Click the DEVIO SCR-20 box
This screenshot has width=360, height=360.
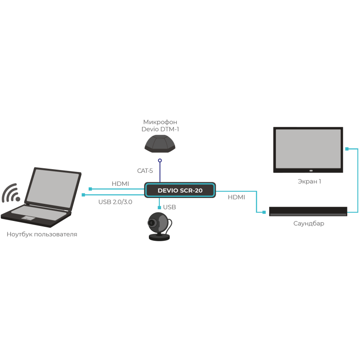180,190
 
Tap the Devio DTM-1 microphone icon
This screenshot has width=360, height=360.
160,144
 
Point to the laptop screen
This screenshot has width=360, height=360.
54,189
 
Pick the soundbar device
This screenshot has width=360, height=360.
308,211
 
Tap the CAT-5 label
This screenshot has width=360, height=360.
145,171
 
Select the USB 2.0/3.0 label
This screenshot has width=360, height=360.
115,202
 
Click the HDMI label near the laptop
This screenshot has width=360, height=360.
120,184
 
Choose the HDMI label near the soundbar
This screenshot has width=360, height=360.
236,197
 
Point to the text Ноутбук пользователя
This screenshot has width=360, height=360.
42,234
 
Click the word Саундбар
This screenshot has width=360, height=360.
308,223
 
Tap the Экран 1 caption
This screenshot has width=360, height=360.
309,181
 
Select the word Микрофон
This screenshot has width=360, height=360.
160,122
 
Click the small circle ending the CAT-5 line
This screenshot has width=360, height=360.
159,160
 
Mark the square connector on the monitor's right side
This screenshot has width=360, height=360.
347,148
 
